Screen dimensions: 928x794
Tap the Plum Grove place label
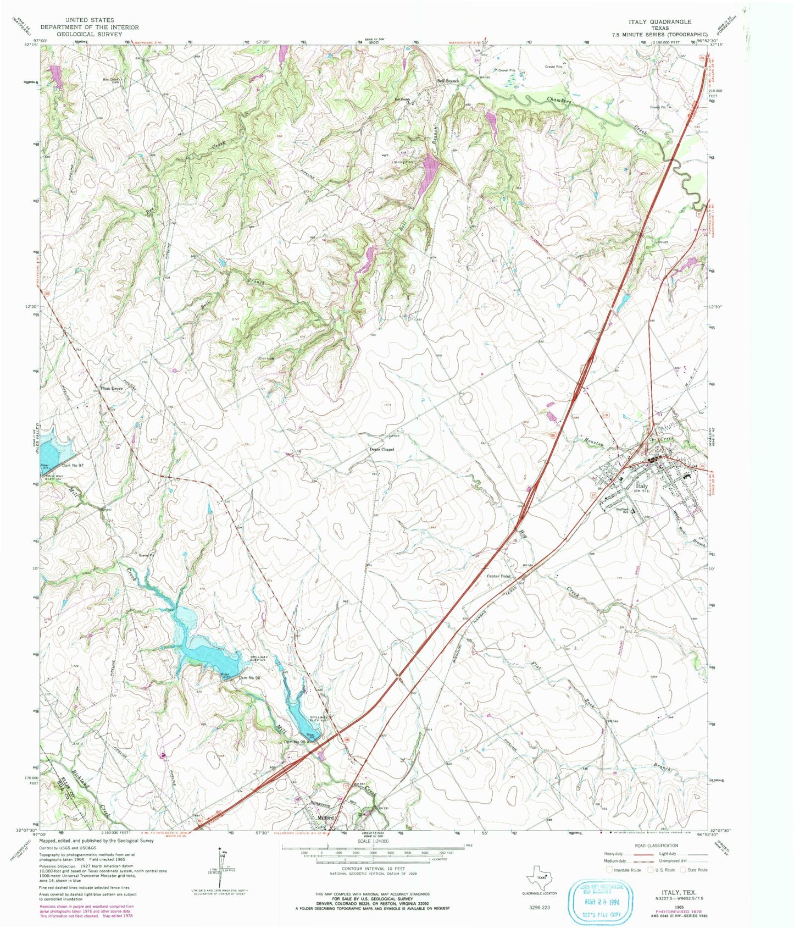(111, 389)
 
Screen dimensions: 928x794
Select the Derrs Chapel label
(381, 449)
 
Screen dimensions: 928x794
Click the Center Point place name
(498, 576)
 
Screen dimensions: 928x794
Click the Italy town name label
(641, 486)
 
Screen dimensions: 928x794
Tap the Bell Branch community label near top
(448, 81)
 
